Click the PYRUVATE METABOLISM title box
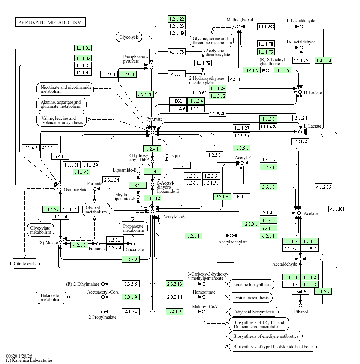[x=50, y=22]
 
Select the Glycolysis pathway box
[x=129, y=37]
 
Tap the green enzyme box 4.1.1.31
[x=83, y=48]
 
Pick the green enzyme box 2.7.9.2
[x=127, y=74]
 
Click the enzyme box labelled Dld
[x=178, y=101]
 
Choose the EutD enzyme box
[x=241, y=197]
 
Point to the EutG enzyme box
[x=301, y=292]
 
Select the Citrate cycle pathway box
[x=24, y=264]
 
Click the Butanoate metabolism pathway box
[x=51, y=297]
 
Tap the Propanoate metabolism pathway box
[x=133, y=228]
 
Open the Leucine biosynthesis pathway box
[x=252, y=285]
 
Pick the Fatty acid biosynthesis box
[x=253, y=312]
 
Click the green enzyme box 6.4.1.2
[x=175, y=312]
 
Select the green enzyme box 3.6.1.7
[x=268, y=187]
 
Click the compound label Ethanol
[x=301, y=312]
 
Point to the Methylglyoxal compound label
[x=240, y=20]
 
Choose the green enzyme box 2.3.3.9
[x=131, y=259]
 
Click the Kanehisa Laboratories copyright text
[x=29, y=360]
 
